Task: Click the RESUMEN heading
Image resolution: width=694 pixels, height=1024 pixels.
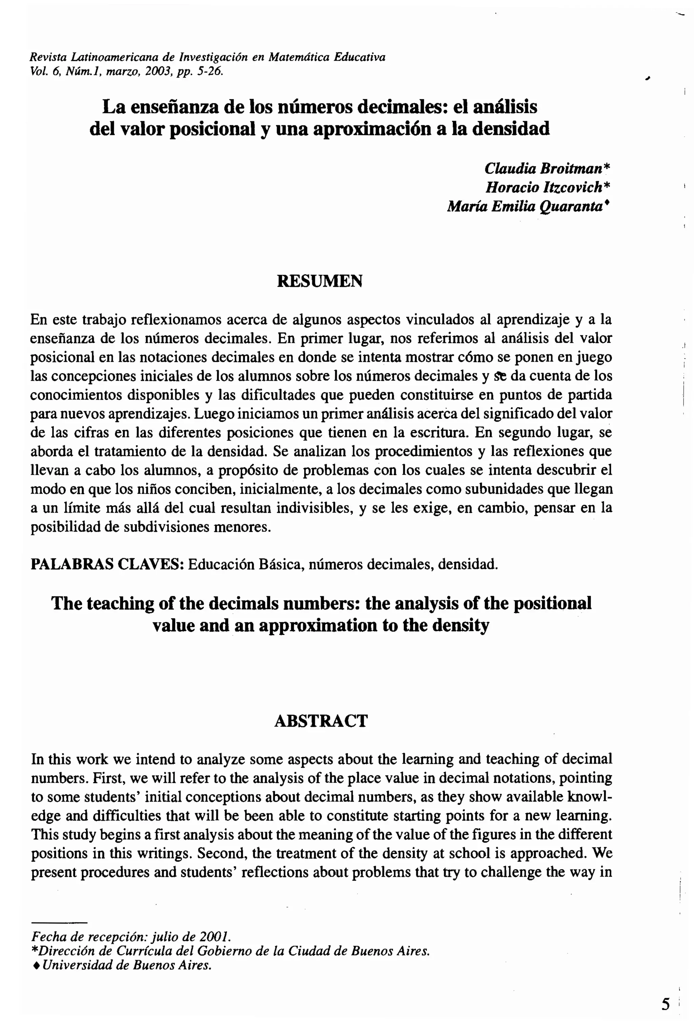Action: (x=320, y=281)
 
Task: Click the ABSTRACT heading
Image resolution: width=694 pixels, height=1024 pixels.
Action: (x=321, y=721)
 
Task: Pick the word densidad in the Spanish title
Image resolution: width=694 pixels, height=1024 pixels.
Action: (x=511, y=129)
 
